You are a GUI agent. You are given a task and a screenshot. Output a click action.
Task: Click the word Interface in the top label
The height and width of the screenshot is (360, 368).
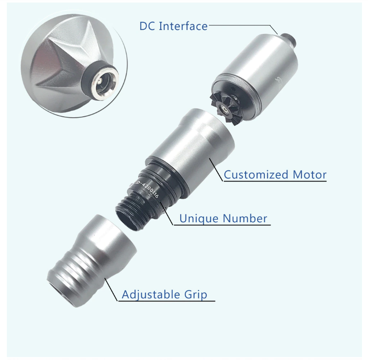pos(183,26)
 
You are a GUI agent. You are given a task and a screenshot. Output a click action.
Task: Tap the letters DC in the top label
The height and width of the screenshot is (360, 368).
pos(147,26)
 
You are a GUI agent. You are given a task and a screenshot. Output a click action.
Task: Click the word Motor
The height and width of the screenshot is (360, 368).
pos(310,174)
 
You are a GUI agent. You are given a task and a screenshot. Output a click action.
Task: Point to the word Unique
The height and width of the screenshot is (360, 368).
pos(199,218)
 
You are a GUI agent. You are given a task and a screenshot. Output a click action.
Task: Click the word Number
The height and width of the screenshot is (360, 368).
pos(245,218)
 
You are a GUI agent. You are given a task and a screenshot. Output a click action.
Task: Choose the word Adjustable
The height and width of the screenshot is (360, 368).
pos(151,294)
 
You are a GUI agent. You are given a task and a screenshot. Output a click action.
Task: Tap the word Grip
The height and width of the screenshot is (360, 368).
pos(196,294)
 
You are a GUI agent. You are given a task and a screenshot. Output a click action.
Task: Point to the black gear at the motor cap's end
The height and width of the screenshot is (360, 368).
pos(224,107)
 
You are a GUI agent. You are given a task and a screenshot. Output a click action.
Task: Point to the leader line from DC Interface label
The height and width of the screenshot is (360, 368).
pos(244,25)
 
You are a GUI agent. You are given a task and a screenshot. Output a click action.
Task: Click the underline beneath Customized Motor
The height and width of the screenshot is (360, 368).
pos(275,181)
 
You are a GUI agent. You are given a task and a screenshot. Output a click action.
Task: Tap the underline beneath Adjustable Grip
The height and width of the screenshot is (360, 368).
pos(166,301)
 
